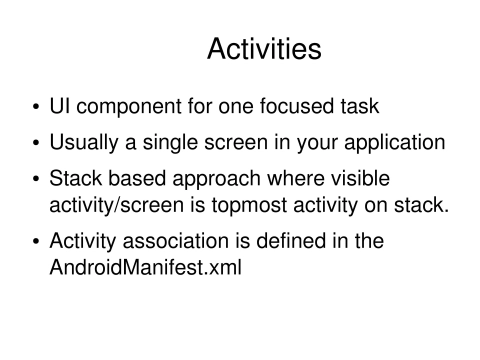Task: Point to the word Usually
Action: (x=92, y=142)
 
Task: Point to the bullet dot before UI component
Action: (x=38, y=108)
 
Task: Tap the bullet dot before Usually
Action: (x=38, y=142)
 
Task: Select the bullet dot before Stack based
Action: (x=38, y=177)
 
